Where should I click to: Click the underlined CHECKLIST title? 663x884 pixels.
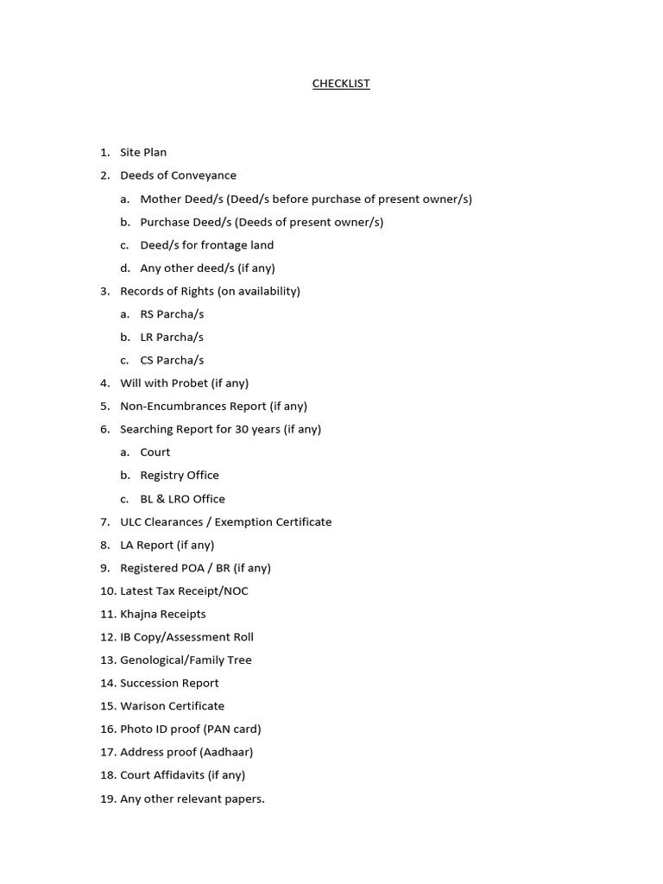point(341,84)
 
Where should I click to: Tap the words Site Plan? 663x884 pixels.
point(143,153)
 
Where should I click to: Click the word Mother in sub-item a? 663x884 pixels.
point(161,199)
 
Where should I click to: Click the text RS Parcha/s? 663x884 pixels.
point(172,314)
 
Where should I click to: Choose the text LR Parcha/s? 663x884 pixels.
point(172,338)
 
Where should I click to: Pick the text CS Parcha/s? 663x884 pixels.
point(172,361)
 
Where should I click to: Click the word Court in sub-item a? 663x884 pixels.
point(155,452)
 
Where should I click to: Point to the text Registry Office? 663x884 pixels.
point(180,476)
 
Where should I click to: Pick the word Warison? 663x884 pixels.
point(142,706)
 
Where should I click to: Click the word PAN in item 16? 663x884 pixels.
point(220,729)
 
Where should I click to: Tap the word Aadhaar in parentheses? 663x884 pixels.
point(227,753)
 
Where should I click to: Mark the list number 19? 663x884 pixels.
point(107,799)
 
